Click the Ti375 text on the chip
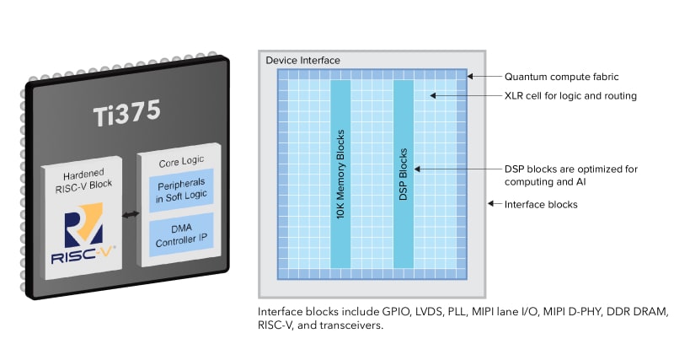point(127,113)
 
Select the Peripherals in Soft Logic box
point(181,190)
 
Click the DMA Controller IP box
point(181,235)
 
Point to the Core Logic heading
point(181,161)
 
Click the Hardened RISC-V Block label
point(83,180)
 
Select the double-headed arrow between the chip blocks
point(131,214)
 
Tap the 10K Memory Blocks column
point(340,174)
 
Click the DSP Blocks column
point(404,174)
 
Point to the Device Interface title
point(302,60)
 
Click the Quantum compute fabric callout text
point(561,77)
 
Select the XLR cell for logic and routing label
point(570,95)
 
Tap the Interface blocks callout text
point(541,204)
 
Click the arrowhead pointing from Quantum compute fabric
point(470,76)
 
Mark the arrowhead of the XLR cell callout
point(433,95)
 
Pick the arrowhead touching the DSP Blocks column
point(417,169)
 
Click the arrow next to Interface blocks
point(495,203)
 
